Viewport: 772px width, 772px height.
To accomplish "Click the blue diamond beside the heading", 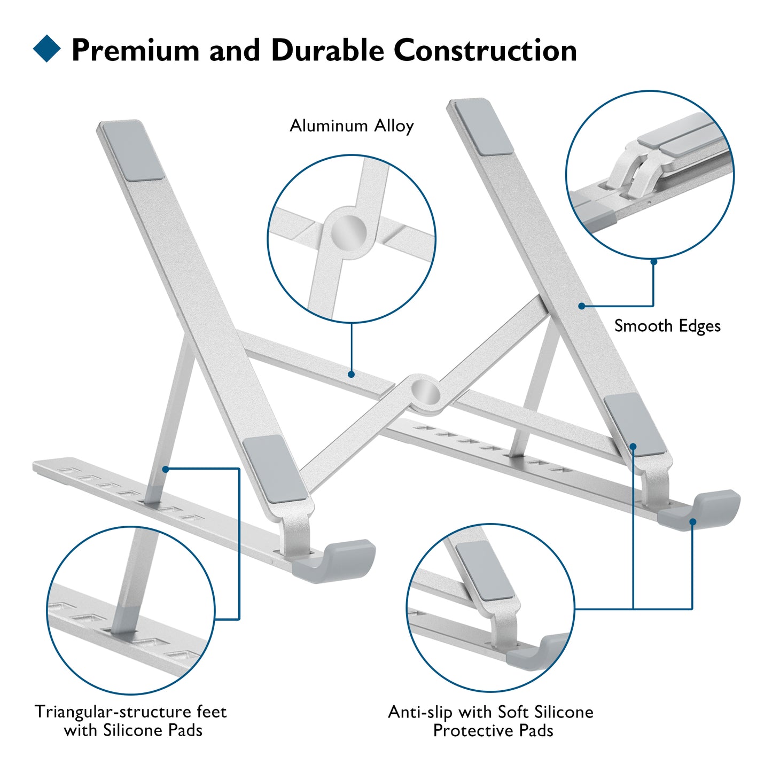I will click(x=47, y=49).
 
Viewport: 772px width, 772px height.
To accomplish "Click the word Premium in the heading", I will click(x=136, y=51).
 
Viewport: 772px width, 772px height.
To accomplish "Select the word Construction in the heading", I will click(x=485, y=51).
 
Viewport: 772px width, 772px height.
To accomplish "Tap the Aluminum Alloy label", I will click(x=352, y=126).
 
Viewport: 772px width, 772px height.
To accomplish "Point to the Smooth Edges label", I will click(x=667, y=326).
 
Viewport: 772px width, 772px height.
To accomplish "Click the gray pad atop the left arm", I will click(x=133, y=150).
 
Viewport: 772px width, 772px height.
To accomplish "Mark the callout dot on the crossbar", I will click(x=351, y=375).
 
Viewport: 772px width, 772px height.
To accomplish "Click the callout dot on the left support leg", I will click(x=166, y=469).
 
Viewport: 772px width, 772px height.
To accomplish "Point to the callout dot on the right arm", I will click(x=582, y=306).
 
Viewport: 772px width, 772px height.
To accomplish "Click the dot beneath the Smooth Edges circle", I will click(x=653, y=262).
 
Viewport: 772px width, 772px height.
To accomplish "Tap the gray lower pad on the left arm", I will click(x=275, y=469).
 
